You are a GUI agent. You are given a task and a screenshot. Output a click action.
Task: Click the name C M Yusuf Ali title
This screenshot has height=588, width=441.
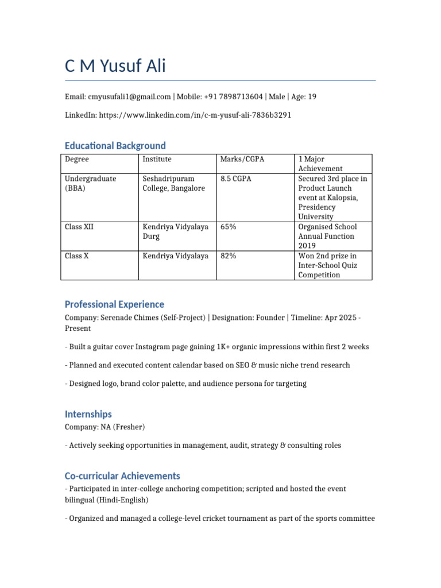pos(115,66)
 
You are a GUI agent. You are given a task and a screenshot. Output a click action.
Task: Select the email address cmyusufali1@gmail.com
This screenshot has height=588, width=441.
pos(129,97)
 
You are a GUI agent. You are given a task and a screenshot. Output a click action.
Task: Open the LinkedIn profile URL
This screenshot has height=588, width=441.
pos(195,115)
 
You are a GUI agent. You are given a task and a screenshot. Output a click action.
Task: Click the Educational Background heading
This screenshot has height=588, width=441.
pos(115,146)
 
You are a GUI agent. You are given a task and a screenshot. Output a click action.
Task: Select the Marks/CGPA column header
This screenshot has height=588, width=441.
pos(242,159)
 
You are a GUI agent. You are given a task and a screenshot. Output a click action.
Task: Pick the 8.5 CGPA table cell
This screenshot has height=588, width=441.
pos(236,179)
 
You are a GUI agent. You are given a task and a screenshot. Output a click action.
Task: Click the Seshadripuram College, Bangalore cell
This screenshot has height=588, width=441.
pos(173,183)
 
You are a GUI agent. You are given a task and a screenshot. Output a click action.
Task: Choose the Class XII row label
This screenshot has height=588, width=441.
pos(79,227)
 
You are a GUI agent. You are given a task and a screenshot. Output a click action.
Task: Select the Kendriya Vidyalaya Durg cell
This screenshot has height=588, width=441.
pos(175,231)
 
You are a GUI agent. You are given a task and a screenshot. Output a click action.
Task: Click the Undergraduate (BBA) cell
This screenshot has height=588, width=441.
pos(91,183)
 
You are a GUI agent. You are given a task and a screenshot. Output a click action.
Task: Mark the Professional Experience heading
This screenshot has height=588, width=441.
pos(114,304)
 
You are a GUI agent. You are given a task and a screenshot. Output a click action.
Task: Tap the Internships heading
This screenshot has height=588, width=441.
pos(88,414)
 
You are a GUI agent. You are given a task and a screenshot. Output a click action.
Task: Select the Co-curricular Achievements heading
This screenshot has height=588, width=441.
pos(122,476)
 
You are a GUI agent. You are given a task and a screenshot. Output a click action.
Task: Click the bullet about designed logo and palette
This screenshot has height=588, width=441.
pos(185,384)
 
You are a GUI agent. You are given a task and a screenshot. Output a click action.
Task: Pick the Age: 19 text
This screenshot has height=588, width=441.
pos(304,97)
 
